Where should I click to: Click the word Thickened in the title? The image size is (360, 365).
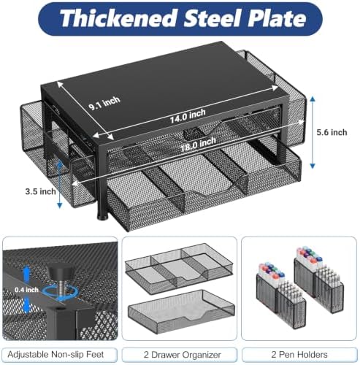pyautogui.click(x=118, y=18)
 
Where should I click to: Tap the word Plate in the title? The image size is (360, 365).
pyautogui.click(x=277, y=18)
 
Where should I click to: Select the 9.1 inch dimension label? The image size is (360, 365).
pyautogui.click(x=104, y=103)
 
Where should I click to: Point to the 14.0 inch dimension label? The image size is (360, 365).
pyautogui.click(x=188, y=116)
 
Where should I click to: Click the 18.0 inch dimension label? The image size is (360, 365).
pyautogui.click(x=198, y=145)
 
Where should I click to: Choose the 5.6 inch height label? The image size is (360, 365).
pyautogui.click(x=332, y=132)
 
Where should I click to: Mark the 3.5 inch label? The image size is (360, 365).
pyautogui.click(x=40, y=191)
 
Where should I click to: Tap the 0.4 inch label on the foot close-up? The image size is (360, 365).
pyautogui.click(x=26, y=290)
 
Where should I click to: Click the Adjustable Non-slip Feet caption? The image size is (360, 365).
pyautogui.click(x=55, y=354)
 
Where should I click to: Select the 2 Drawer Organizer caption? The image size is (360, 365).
pyautogui.click(x=183, y=355)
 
